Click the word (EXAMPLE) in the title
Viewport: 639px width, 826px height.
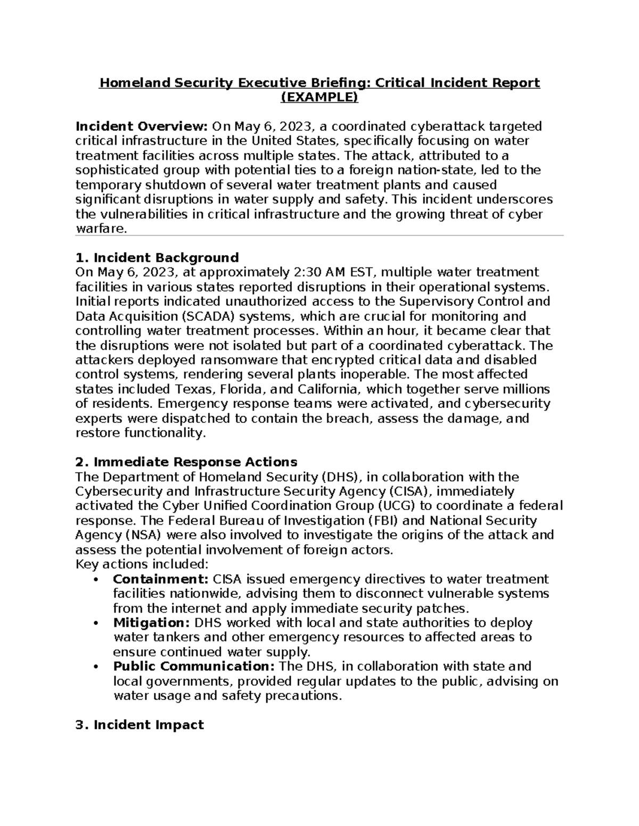coord(319,98)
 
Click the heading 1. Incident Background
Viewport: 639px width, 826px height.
coord(157,258)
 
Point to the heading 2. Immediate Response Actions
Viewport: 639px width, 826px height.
coord(186,462)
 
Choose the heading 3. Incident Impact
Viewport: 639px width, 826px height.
coord(140,725)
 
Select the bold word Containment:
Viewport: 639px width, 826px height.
coord(160,579)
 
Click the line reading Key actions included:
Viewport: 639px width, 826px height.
coord(142,564)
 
